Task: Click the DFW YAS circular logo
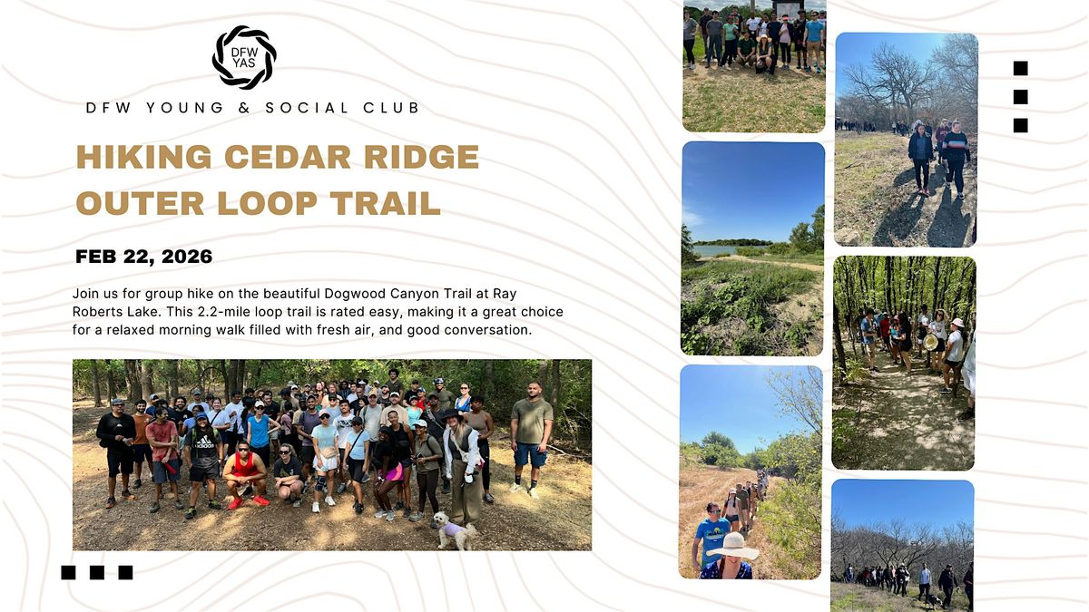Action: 244,57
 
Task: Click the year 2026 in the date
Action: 187,257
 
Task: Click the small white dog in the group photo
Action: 453,529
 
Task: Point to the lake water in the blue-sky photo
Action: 717,250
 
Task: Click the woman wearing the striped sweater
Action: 954,151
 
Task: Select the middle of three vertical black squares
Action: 1020,96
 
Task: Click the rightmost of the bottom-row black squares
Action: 125,572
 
